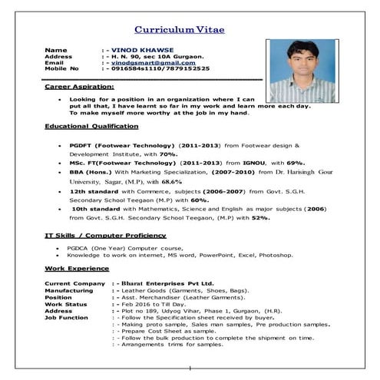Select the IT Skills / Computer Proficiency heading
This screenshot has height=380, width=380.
point(106,235)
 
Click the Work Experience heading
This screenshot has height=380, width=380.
point(77,269)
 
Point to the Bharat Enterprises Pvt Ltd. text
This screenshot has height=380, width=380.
point(164,283)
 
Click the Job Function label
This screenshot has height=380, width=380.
point(67,316)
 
